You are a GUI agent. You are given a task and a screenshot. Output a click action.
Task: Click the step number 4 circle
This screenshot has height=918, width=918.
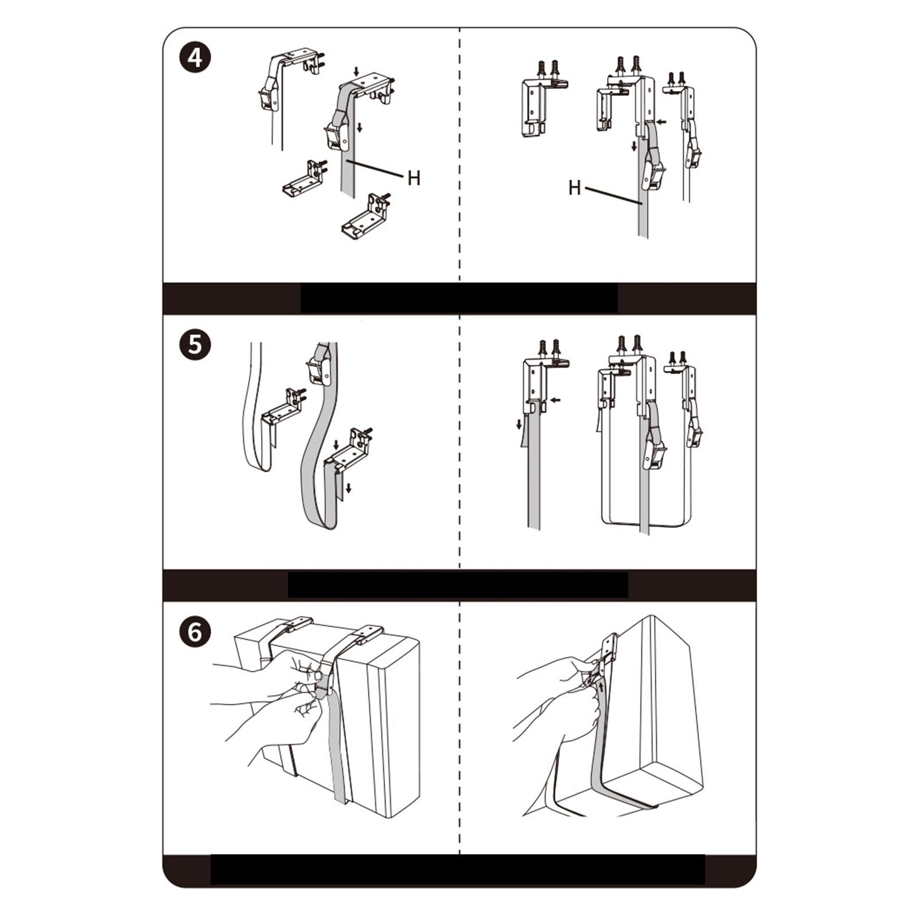coord(195,58)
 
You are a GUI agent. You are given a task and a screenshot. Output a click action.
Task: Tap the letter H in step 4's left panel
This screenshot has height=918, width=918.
coord(414,178)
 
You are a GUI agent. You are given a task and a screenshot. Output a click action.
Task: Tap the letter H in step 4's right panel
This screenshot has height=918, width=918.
coord(574,188)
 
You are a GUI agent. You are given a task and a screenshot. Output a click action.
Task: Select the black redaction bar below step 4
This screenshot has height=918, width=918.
coord(459,298)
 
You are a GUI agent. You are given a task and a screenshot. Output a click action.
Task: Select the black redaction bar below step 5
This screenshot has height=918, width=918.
coord(458,585)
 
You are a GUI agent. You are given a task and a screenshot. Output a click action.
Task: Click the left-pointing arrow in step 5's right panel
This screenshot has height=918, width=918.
coord(555,400)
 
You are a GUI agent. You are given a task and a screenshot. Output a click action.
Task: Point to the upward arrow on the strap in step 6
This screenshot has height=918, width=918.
coord(601,686)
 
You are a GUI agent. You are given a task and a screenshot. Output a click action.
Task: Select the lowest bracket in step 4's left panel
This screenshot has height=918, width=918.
coord(366,217)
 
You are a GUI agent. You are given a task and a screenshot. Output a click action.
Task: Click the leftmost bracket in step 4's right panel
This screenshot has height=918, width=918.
coord(540,103)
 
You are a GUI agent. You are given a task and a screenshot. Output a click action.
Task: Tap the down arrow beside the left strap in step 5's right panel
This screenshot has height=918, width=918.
coord(519,425)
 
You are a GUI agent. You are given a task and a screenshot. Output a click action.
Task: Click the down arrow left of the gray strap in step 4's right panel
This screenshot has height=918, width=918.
coord(634,146)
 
